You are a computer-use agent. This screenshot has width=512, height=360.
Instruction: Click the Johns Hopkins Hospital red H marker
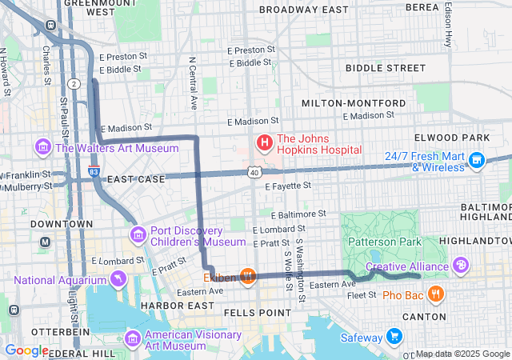[264, 143]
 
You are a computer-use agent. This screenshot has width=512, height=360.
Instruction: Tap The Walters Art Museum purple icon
[42, 148]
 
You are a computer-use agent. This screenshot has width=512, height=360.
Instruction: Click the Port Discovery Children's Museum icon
[138, 234]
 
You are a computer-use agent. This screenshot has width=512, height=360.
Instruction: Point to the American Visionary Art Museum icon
[133, 338]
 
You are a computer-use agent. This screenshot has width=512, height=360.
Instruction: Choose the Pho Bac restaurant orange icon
[435, 294]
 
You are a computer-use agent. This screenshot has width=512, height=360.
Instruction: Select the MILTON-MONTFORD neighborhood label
[353, 104]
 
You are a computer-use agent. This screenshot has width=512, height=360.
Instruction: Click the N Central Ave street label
[192, 83]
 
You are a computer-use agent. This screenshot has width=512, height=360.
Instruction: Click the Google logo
[26, 350]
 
